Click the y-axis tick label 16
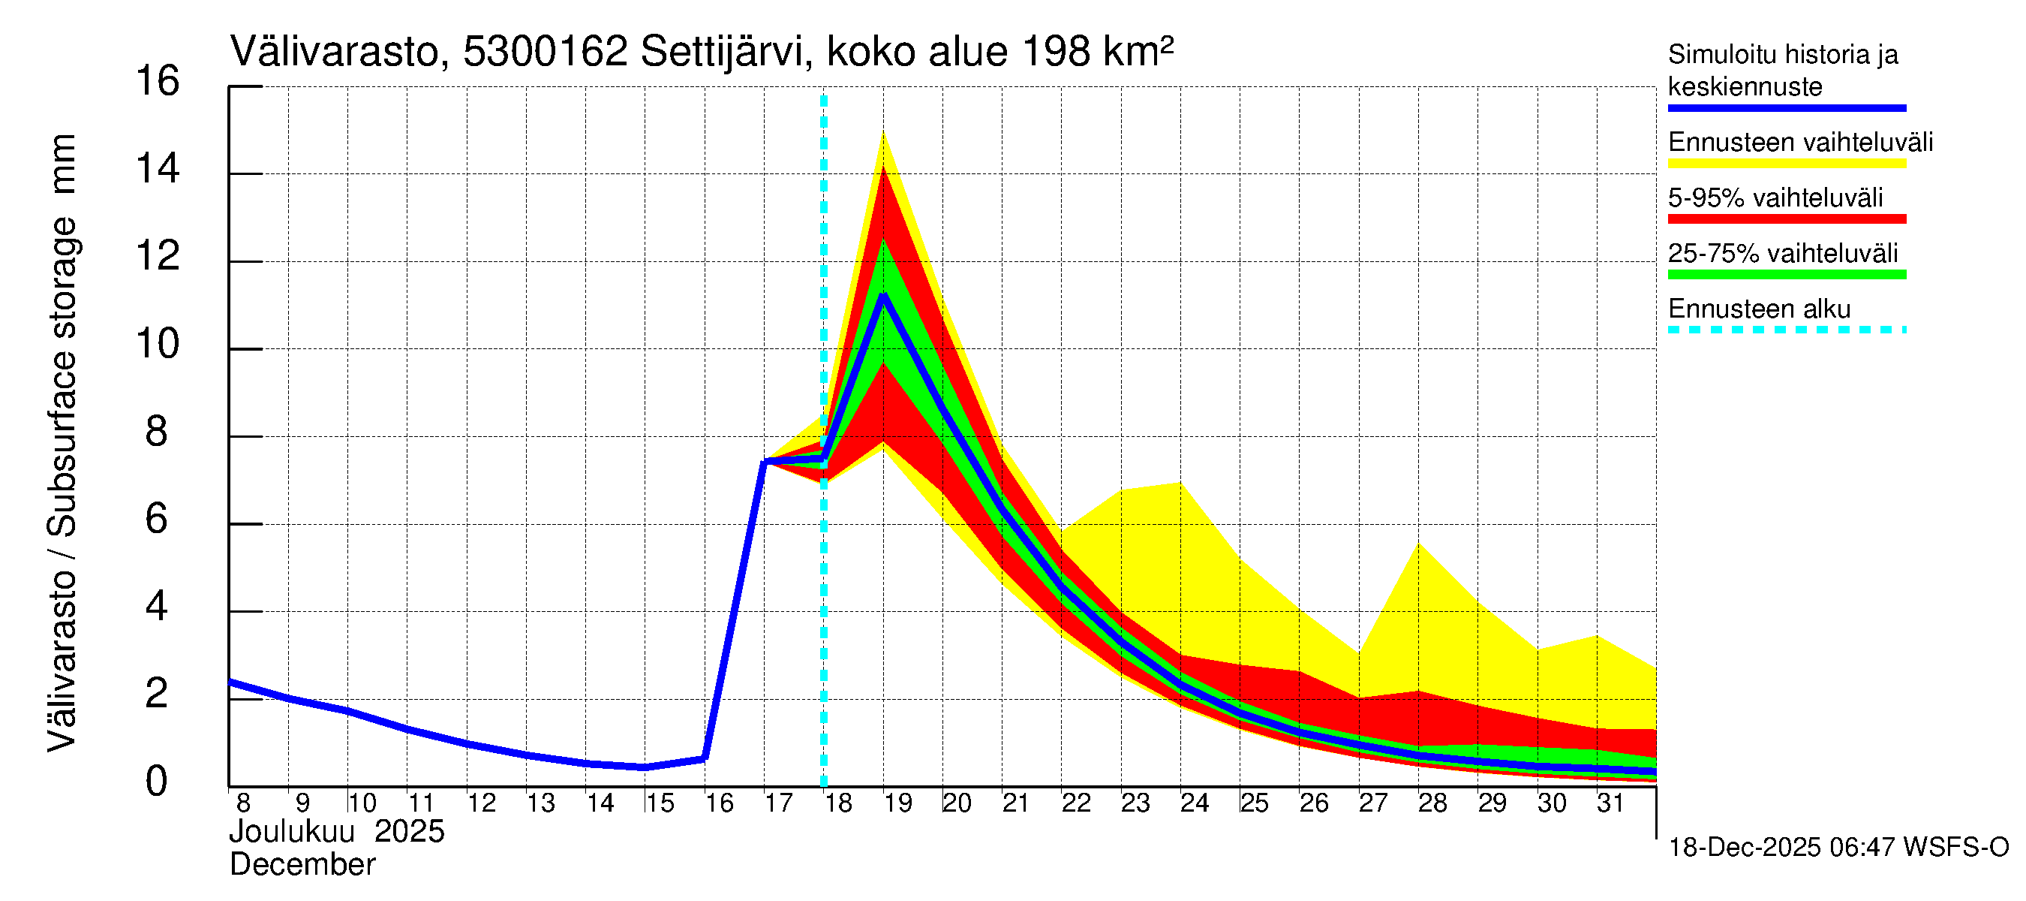pos(158,82)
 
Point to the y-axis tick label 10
pos(158,345)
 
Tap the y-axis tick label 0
pos(157,782)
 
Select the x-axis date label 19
pos(897,803)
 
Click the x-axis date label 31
pos(1611,803)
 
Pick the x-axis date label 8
pos(243,803)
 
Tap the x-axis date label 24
pos(1194,803)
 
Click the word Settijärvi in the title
pos(722,53)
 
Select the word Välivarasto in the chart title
pos(333,53)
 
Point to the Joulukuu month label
pos(292,832)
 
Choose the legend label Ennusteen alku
pos(1760,309)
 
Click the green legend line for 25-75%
pos(1786,275)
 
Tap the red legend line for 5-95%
pos(1786,218)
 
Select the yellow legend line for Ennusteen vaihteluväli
pos(1786,164)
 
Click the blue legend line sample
pos(1786,108)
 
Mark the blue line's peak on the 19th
pos(883,295)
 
